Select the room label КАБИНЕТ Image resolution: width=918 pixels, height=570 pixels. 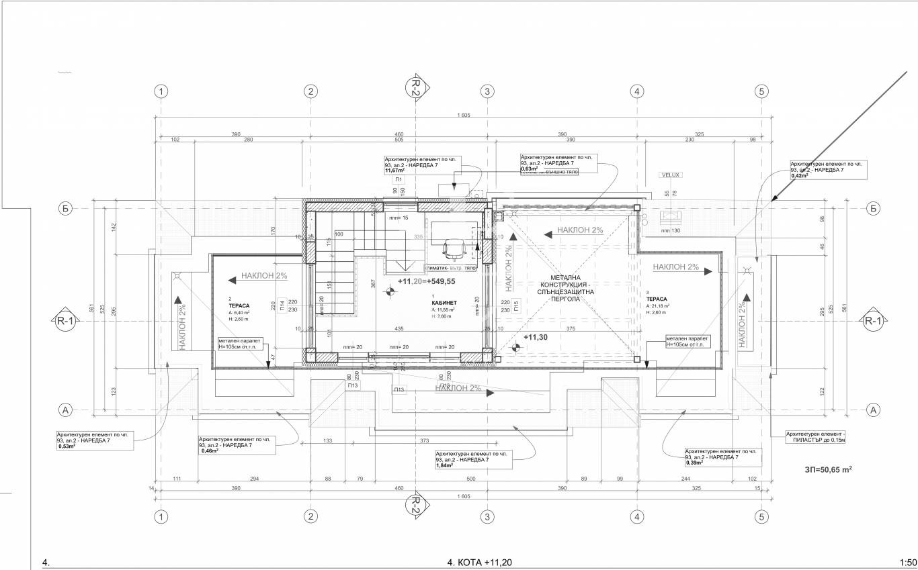pyautogui.click(x=444, y=303)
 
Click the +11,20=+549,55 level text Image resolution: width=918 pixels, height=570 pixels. pyautogui.click(x=426, y=282)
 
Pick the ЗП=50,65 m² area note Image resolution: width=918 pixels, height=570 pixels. pyautogui.click(x=828, y=471)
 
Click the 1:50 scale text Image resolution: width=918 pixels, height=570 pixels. pyautogui.click(x=907, y=563)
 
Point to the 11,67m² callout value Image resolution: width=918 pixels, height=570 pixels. pyautogui.click(x=394, y=171)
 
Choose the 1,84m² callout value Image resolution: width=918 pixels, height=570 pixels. pyautogui.click(x=444, y=465)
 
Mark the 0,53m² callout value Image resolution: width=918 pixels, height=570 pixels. pyautogui.click(x=66, y=446)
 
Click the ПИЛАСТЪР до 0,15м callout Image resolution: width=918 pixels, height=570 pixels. pyautogui.click(x=816, y=438)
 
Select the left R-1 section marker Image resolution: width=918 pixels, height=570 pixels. pyautogui.click(x=65, y=322)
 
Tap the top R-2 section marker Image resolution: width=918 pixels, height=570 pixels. pyautogui.click(x=415, y=87)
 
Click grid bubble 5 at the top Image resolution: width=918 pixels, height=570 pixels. pyautogui.click(x=761, y=91)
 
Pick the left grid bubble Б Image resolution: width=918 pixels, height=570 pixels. pyautogui.click(x=65, y=208)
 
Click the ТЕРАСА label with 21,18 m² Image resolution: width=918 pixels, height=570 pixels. pyautogui.click(x=657, y=299)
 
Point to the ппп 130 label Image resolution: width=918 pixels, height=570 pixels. pyautogui.click(x=671, y=231)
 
